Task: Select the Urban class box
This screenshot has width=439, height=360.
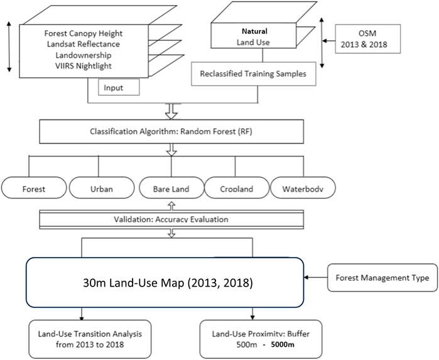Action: point(100,187)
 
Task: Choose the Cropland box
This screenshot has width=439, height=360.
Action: point(236,187)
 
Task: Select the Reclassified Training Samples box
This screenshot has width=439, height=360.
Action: point(257,74)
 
